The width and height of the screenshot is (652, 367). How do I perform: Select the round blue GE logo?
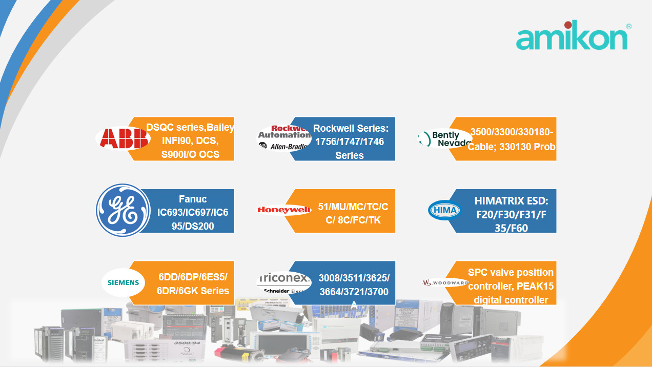click(116, 211)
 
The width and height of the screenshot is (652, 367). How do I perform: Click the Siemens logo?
click(123, 282)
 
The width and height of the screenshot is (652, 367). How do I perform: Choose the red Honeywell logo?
click(284, 210)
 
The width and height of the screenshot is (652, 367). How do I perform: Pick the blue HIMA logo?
click(444, 210)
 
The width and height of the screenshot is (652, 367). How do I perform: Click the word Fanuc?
click(193, 199)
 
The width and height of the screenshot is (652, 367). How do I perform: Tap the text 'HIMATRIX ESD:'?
click(511, 201)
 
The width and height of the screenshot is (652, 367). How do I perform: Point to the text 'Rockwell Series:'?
click(351, 128)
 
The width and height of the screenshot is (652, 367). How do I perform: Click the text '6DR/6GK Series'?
click(193, 291)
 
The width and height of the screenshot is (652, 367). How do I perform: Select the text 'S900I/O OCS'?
click(190, 154)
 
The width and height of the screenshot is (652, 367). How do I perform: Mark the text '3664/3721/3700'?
click(354, 292)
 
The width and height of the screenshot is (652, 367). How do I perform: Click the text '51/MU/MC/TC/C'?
click(353, 207)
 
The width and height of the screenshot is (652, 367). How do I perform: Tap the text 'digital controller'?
click(511, 300)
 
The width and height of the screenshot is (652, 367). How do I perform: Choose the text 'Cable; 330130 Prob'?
click(511, 147)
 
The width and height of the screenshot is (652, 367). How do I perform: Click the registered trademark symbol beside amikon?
click(628, 26)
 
